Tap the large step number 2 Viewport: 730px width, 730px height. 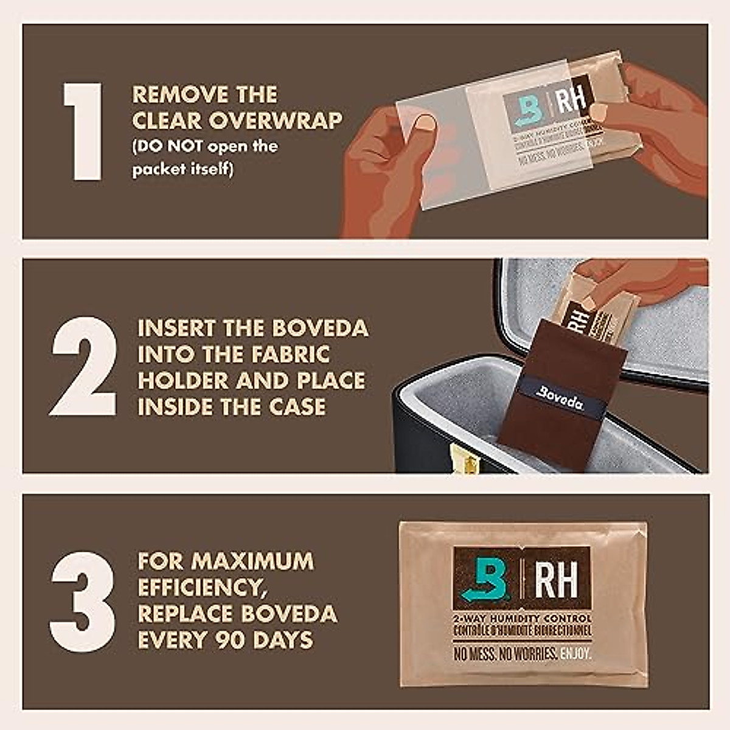(83, 366)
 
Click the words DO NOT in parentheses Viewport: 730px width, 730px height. (171, 147)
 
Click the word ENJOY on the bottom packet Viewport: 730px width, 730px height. (575, 655)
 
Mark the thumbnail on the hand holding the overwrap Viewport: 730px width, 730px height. (425, 123)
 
